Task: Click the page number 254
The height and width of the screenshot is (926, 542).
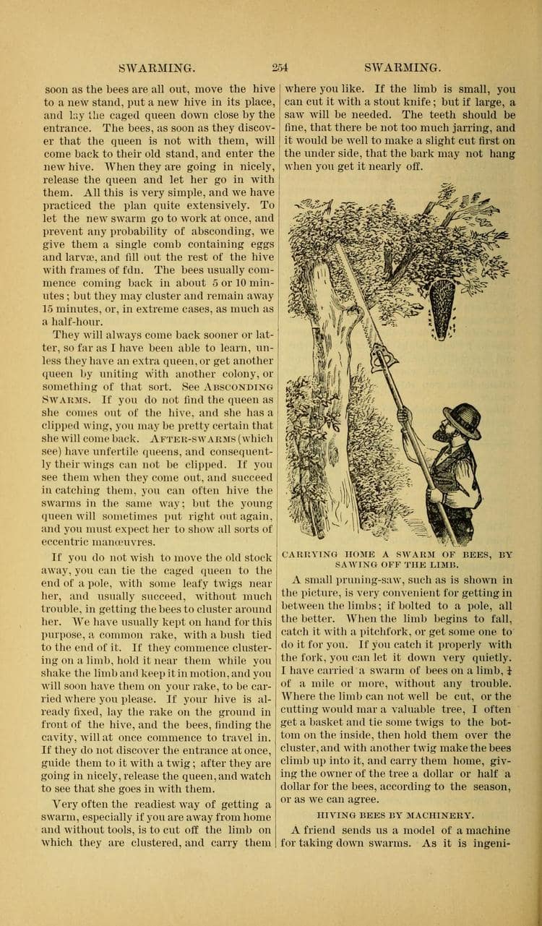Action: click(280, 68)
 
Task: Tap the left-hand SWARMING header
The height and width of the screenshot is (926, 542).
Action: click(157, 68)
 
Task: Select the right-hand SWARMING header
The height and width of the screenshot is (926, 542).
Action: click(403, 68)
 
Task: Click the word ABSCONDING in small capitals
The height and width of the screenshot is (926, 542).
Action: click(239, 385)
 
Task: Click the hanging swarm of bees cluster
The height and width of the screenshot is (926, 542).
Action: click(442, 303)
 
